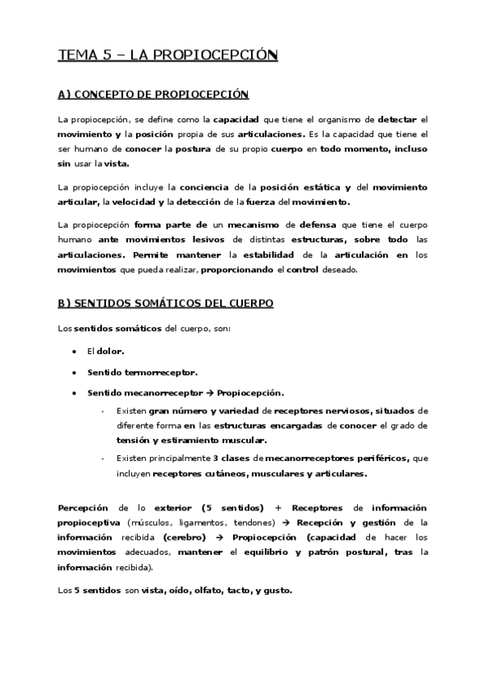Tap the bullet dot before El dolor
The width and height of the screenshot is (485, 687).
pyautogui.click(x=74, y=352)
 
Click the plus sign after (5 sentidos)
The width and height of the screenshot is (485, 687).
pyautogui.click(x=277, y=507)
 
